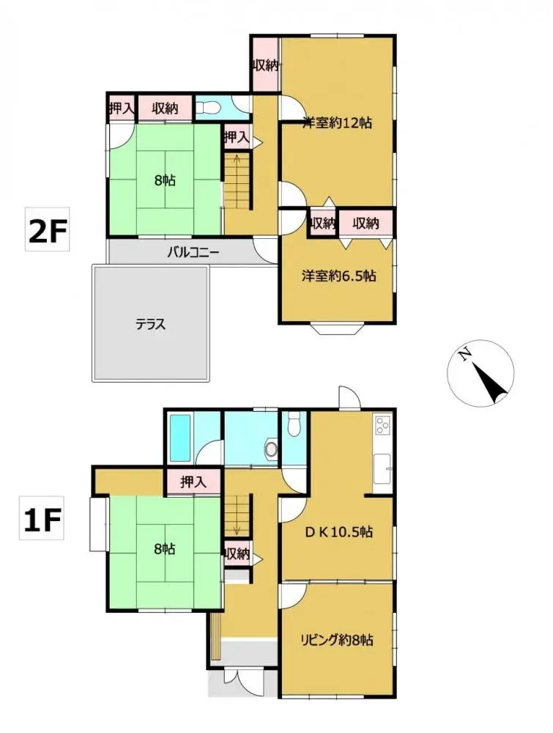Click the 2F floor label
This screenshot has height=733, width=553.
click(x=48, y=232)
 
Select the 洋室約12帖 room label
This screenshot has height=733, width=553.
click(x=337, y=123)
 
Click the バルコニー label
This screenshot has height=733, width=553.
click(x=193, y=253)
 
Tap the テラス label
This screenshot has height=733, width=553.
click(x=150, y=323)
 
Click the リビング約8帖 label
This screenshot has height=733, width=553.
click(x=338, y=640)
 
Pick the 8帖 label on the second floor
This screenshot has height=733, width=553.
click(x=165, y=180)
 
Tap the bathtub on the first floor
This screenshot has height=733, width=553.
click(x=179, y=437)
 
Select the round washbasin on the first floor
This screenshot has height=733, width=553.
click(x=272, y=449)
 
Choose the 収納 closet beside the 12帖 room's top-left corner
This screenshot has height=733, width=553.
click(x=265, y=65)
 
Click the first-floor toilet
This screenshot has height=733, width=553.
click(x=294, y=425)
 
